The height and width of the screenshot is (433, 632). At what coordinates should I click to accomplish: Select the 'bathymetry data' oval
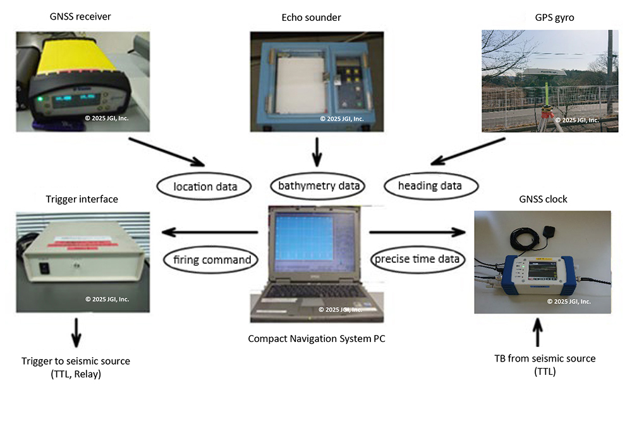coord(319,186)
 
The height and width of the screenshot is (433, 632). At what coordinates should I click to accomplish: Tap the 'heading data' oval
coord(429,186)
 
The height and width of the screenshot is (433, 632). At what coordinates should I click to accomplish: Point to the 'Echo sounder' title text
coord(311,18)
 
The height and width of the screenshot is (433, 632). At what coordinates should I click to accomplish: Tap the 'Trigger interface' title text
coord(82,199)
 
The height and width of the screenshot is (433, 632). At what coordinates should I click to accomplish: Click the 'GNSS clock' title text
coord(542,199)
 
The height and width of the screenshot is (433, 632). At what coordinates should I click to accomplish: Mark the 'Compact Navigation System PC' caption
coord(317,339)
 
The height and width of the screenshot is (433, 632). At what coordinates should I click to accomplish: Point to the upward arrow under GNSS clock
coord(537,331)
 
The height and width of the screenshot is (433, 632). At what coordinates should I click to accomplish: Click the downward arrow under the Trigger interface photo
coord(76,332)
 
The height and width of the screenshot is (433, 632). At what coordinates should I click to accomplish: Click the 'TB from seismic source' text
coord(544,358)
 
